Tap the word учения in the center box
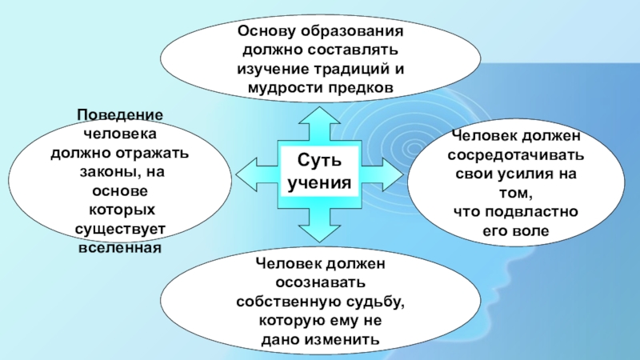pos(318,183)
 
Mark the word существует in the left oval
pos(121,230)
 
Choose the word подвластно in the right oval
pos(538,212)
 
